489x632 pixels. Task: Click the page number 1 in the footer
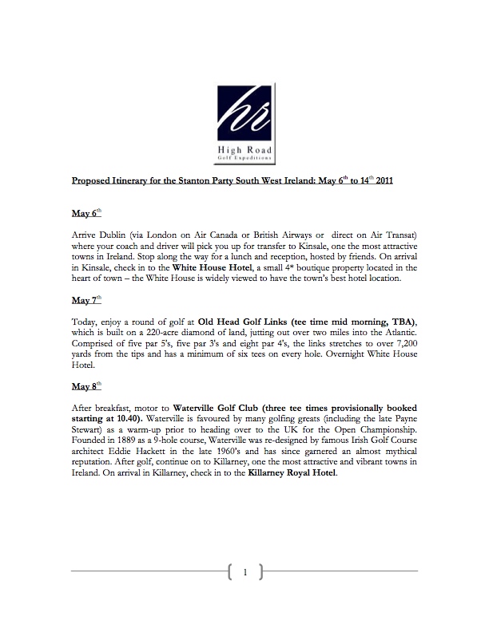245,571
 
